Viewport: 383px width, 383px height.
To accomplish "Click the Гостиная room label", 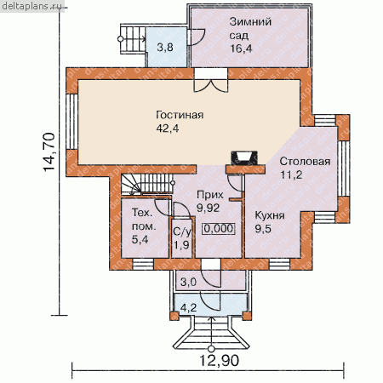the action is pyautogui.click(x=180, y=115).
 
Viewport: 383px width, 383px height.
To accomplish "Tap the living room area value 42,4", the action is pyautogui.click(x=168, y=129).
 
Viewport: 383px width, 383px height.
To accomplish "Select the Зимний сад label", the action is pyautogui.click(x=250, y=29).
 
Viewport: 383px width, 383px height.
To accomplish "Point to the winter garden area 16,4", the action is pyautogui.click(x=241, y=49).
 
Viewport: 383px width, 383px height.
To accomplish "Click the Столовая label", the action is pyautogui.click(x=305, y=161).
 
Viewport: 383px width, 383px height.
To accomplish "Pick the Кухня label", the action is pyautogui.click(x=270, y=215).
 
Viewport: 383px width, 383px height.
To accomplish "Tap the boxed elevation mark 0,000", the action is pyautogui.click(x=219, y=228).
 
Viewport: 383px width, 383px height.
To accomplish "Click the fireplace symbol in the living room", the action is pyautogui.click(x=244, y=158).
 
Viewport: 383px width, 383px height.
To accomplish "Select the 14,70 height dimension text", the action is pyautogui.click(x=49, y=151).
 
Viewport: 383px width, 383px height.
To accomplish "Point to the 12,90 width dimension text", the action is pyautogui.click(x=219, y=361).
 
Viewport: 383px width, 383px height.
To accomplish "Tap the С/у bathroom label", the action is pyautogui.click(x=182, y=232).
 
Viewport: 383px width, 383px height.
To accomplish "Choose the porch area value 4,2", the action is pyautogui.click(x=188, y=307).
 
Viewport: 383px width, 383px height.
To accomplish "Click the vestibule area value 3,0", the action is pyautogui.click(x=188, y=283).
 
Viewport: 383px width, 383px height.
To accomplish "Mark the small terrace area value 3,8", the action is pyautogui.click(x=165, y=47).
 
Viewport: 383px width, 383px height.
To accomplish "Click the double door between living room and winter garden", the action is pyautogui.click(x=211, y=80).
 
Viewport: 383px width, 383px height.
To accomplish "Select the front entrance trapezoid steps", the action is pyautogui.click(x=211, y=333).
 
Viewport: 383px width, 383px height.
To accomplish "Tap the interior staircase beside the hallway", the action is pyautogui.click(x=147, y=185).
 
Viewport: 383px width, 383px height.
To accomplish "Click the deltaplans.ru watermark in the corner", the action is pyautogui.click(x=31, y=6).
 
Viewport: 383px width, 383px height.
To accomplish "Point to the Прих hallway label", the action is pyautogui.click(x=210, y=195).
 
